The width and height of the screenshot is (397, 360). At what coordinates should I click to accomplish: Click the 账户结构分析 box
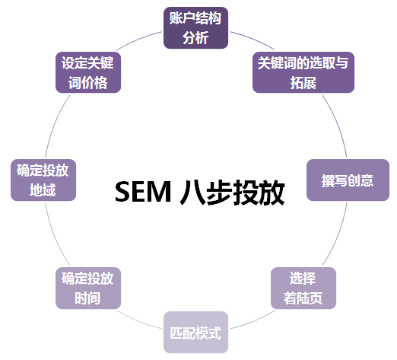[195, 28]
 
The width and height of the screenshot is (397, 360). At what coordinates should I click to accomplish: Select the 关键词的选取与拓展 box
[303, 72]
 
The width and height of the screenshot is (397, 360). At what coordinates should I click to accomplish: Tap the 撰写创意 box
[348, 180]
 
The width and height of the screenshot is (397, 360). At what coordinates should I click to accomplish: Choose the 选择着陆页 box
[303, 288]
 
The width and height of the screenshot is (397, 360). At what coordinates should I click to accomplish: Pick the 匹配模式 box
[195, 333]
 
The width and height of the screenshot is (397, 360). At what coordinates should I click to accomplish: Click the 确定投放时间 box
[88, 288]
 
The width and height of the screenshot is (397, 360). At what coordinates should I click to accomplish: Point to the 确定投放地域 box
[43, 180]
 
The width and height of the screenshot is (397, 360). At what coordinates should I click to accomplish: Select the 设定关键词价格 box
[88, 72]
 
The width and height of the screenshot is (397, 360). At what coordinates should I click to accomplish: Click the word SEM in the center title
[143, 192]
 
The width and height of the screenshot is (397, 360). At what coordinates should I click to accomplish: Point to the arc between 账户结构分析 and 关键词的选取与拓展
[253, 39]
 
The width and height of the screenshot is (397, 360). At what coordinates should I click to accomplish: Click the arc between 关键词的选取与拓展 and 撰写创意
[337, 124]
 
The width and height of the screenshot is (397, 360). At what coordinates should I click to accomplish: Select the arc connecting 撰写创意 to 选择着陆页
[337, 235]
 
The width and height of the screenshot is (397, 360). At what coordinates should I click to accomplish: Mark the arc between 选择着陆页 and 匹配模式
[254, 320]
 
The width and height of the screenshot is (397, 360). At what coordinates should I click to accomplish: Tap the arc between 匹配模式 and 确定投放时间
[138, 321]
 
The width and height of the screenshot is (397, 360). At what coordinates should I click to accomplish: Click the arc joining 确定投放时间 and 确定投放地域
[55, 235]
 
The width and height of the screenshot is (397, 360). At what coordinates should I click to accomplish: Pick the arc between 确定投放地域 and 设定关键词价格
[55, 124]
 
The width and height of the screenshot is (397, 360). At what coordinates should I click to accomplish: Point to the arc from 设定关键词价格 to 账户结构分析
[138, 39]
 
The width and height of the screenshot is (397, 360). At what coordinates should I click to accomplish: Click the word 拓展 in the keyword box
[303, 83]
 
